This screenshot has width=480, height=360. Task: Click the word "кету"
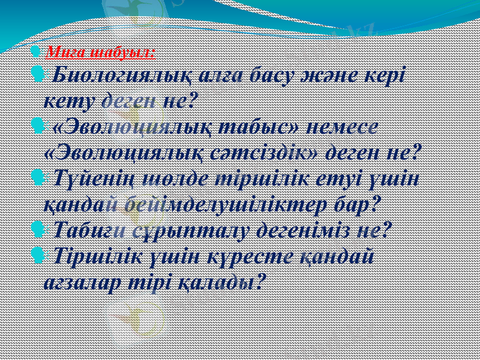[x=68, y=100]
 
